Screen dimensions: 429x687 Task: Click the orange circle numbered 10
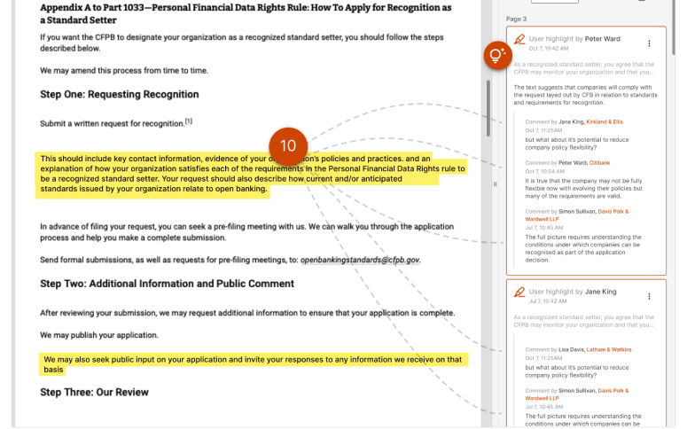[288, 146]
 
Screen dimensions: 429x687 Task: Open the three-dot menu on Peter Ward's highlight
[649, 43]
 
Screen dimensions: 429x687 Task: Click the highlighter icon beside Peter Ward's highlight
[519, 40]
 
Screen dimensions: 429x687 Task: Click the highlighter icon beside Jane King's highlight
[519, 291]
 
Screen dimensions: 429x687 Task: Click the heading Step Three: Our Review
[94, 392]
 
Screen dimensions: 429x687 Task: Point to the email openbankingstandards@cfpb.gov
[360, 261]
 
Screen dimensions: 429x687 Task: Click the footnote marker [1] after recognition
[189, 121]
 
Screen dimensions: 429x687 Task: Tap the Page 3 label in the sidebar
[516, 19]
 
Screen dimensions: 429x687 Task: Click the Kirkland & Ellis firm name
[605, 121]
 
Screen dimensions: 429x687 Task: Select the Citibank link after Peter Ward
[600, 162]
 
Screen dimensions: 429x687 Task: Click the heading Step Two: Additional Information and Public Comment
[167, 284]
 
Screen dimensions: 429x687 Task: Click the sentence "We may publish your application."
[99, 335]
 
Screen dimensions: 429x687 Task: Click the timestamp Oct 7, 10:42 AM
[549, 49]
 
